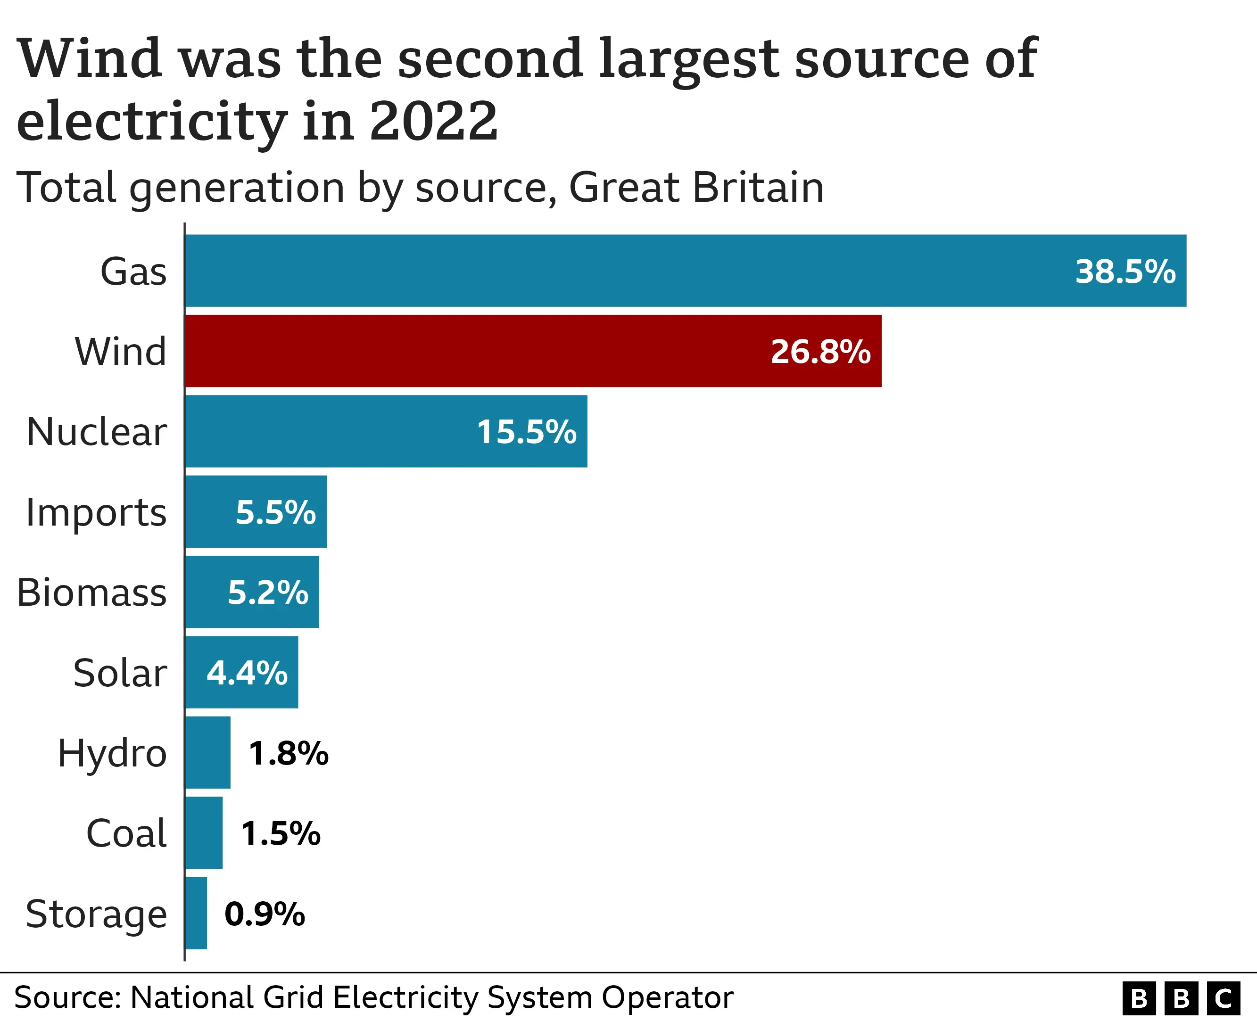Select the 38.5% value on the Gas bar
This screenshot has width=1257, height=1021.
(1125, 272)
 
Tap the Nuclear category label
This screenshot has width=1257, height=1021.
(97, 432)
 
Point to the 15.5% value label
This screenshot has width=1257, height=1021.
(527, 432)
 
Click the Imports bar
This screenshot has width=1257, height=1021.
(256, 511)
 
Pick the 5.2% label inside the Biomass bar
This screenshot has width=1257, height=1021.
(268, 592)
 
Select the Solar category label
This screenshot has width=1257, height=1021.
(120, 672)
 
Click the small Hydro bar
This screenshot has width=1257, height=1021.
(207, 752)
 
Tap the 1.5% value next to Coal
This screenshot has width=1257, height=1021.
(281, 833)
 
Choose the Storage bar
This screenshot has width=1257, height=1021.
(196, 914)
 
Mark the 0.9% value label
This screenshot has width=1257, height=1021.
(265, 914)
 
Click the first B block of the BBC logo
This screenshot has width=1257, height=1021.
(1139, 998)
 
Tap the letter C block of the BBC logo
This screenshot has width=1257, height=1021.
(1224, 998)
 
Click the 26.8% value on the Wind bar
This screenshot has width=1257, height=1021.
(820, 352)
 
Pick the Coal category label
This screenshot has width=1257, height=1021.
(126, 833)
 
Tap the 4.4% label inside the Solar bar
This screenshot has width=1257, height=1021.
(247, 673)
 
